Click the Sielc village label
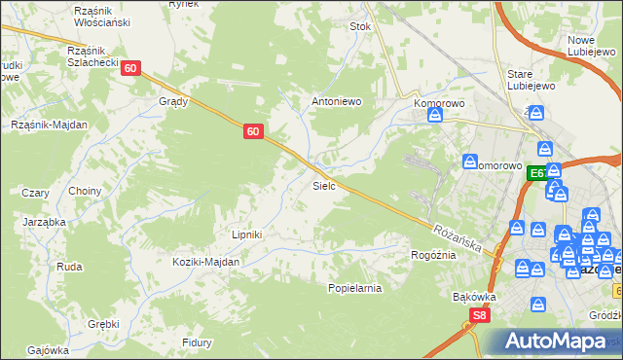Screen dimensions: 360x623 point(324,184)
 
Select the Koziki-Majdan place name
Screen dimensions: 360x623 point(206,262)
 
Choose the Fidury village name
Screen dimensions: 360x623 point(198,342)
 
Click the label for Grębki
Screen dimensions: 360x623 point(103,324)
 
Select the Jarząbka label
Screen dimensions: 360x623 point(44,222)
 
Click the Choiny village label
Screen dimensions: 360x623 point(85,192)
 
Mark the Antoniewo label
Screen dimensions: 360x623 point(336,100)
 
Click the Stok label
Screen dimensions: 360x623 point(361,27)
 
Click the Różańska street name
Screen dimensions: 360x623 point(458,237)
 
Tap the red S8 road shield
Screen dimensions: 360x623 point(478,315)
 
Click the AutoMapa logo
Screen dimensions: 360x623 point(556,342)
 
